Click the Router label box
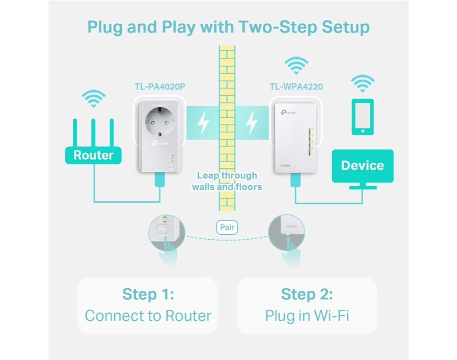click(x=93, y=155)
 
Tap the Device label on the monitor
click(x=362, y=166)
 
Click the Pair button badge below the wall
click(x=227, y=227)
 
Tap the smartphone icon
click(x=362, y=117)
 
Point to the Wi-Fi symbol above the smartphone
click(x=362, y=84)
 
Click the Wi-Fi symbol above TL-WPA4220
click(x=297, y=65)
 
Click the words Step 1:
click(x=148, y=294)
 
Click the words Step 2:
click(x=307, y=294)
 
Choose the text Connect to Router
click(x=148, y=316)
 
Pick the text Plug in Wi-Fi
click(x=307, y=316)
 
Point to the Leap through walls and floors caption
click(x=227, y=181)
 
